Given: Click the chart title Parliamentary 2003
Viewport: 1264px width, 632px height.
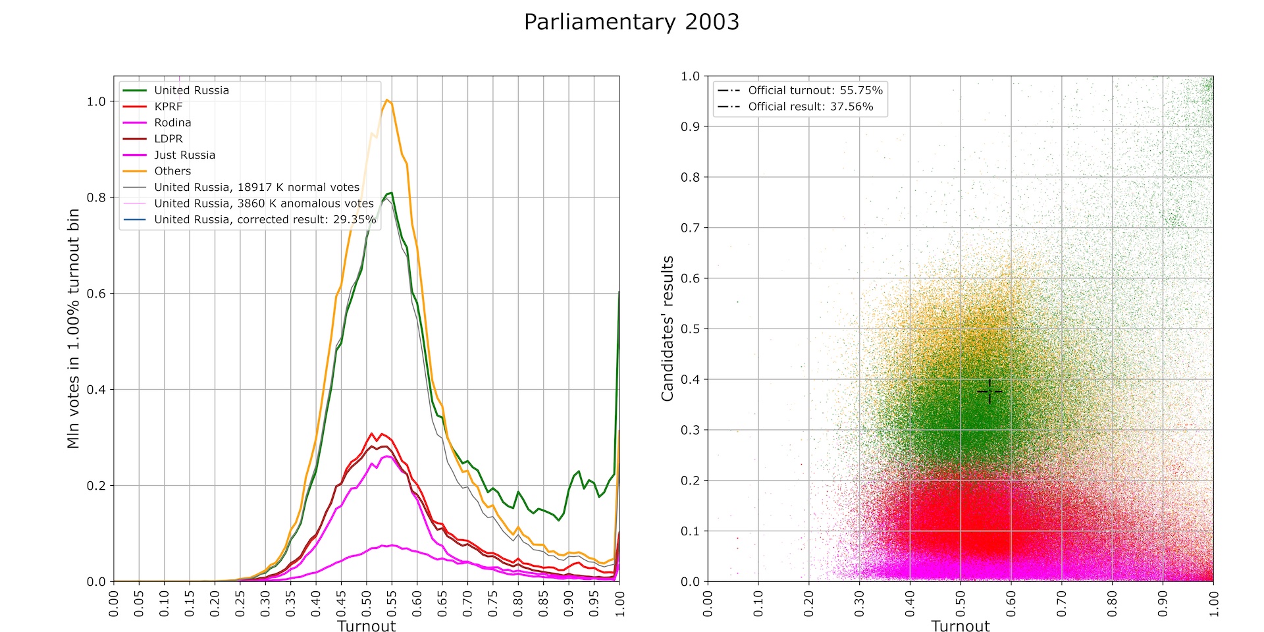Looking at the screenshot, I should tap(631, 22).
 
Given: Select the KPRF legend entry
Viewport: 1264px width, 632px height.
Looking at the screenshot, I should tap(168, 107).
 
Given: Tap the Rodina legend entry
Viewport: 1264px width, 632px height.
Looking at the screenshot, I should tap(172, 122).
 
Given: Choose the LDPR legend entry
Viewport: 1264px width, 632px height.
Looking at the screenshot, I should tap(169, 139).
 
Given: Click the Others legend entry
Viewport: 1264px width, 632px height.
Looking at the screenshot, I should tap(172, 171).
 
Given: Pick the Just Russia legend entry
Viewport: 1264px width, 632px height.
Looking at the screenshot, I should tap(184, 155).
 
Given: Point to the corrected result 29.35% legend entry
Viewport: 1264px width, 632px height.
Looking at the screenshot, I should tap(265, 219).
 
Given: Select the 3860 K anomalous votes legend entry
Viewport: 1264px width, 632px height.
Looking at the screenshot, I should tap(263, 203).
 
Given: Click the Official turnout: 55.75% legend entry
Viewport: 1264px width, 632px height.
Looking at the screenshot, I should tap(815, 90).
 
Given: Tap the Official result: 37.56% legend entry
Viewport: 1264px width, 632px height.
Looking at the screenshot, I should tap(810, 107).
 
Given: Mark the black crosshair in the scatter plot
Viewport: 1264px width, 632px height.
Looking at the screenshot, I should tap(989, 392).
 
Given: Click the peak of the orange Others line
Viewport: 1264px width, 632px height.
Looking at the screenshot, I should tap(387, 100).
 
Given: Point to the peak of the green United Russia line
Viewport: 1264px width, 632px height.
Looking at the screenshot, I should tap(392, 193).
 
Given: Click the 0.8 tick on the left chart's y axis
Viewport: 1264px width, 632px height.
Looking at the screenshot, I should tap(96, 197).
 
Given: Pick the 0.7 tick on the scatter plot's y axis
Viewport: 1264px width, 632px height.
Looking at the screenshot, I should tap(690, 228).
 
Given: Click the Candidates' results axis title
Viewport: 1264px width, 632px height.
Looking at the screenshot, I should tap(668, 329).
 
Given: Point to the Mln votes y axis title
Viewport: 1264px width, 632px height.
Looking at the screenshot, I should tap(73, 329).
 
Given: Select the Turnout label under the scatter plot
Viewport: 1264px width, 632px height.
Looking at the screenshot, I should tap(960, 626).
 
